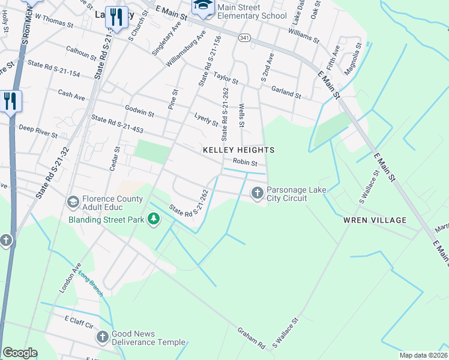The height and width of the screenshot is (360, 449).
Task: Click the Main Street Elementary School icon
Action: tap(202, 8)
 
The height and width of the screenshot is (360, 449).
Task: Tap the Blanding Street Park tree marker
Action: tap(154, 219)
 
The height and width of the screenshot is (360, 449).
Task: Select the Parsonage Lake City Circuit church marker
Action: tap(258, 193)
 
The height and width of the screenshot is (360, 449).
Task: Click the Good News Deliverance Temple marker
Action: tap(103, 337)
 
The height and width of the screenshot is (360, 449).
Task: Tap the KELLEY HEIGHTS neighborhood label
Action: tap(238, 150)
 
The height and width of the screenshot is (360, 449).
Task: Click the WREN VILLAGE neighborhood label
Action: tap(375, 220)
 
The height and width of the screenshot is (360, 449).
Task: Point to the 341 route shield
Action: tap(244, 38)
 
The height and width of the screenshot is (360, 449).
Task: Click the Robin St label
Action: tap(245, 163)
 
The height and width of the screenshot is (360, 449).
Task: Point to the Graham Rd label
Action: tap(251, 338)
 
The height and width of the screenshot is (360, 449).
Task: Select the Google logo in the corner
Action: tap(20, 353)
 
